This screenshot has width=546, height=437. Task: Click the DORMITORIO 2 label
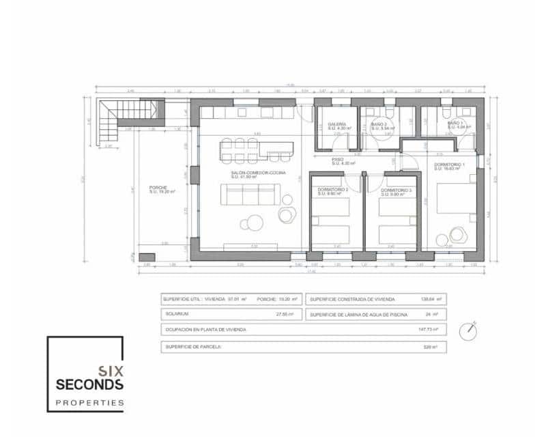click(x=333, y=191)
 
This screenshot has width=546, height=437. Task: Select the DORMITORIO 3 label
click(x=396, y=191)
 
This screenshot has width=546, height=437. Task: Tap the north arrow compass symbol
click(x=468, y=332)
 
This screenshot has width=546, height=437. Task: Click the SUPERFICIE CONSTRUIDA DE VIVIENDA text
click(x=350, y=299)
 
